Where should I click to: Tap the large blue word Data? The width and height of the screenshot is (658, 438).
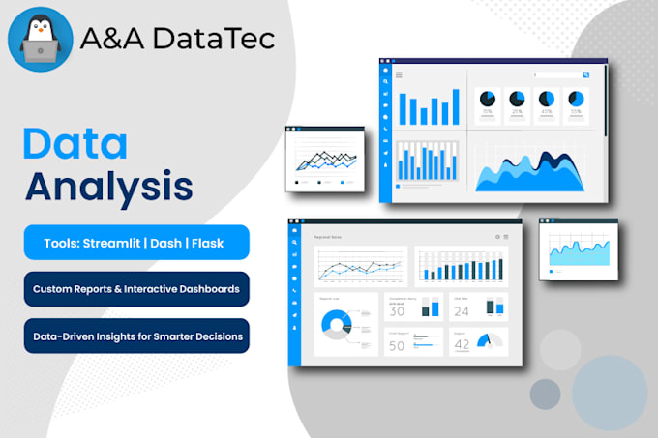pyautogui.click(x=75, y=143)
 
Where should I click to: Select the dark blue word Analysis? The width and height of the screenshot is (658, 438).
pyautogui.click(x=108, y=185)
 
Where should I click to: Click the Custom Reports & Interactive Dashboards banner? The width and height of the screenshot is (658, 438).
pyautogui.click(x=135, y=288)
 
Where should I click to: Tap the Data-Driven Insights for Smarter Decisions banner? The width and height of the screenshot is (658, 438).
pyautogui.click(x=135, y=336)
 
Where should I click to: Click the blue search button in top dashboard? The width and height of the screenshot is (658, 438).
pyautogui.click(x=585, y=74)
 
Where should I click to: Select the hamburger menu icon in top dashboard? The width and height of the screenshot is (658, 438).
pyautogui.click(x=399, y=74)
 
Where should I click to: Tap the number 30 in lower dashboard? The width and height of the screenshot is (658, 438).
pyautogui.click(x=397, y=310)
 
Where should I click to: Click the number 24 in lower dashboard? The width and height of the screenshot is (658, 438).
pyautogui.click(x=462, y=310)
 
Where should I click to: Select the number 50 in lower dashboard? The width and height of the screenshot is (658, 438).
pyautogui.click(x=397, y=345)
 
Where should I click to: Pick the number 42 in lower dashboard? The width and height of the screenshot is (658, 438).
pyautogui.click(x=462, y=344)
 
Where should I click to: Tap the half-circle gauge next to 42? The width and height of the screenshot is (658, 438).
pyautogui.click(x=493, y=341)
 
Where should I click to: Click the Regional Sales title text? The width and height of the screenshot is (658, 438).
pyautogui.click(x=327, y=236)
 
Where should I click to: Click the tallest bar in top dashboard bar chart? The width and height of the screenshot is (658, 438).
pyautogui.click(x=454, y=106)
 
